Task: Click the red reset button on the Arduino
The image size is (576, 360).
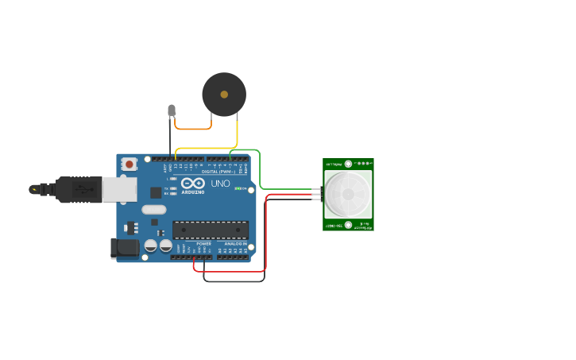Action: pos(129,164)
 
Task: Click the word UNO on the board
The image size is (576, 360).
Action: pos(220,184)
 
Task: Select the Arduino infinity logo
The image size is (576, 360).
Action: pos(193,184)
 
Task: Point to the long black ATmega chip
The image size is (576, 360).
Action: pos(211,229)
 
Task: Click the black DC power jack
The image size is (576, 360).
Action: pos(125,248)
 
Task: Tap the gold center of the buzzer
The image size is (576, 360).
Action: pos(224,94)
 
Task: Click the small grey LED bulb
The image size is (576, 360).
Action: pos(171,110)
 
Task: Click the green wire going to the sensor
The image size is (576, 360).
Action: pos(260,171)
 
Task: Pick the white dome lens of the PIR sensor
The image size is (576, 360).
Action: pos(347,194)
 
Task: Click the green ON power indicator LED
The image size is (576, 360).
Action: pos(237,188)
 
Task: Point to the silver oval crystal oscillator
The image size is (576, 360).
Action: pos(154,210)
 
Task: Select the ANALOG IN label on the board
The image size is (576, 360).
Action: pos(235,243)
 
